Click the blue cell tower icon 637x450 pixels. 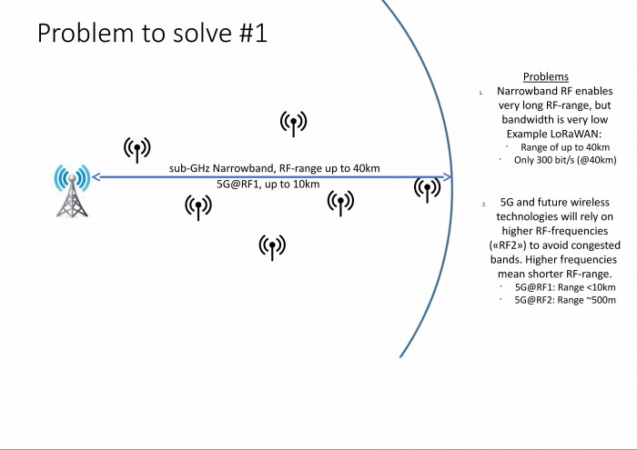[x=72, y=191]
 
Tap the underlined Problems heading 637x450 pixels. [x=546, y=76]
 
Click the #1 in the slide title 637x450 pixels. [x=253, y=33]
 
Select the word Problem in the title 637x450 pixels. [x=86, y=33]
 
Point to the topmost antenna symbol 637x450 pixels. [x=293, y=124]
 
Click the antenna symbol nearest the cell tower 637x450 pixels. [x=137, y=150]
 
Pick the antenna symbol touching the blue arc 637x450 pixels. [x=428, y=190]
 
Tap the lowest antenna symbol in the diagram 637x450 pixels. [x=272, y=247]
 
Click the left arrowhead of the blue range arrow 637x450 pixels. [x=96, y=177]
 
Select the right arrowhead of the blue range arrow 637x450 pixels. [x=447, y=177]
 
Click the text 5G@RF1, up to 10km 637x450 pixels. [x=268, y=185]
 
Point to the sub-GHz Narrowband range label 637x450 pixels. [x=275, y=168]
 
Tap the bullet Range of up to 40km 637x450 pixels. [x=565, y=147]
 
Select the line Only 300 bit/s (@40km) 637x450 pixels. [x=565, y=160]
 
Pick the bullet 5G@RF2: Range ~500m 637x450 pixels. [x=565, y=300]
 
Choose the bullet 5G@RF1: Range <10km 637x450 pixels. [x=565, y=287]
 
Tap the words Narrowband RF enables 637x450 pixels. [x=554, y=91]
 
